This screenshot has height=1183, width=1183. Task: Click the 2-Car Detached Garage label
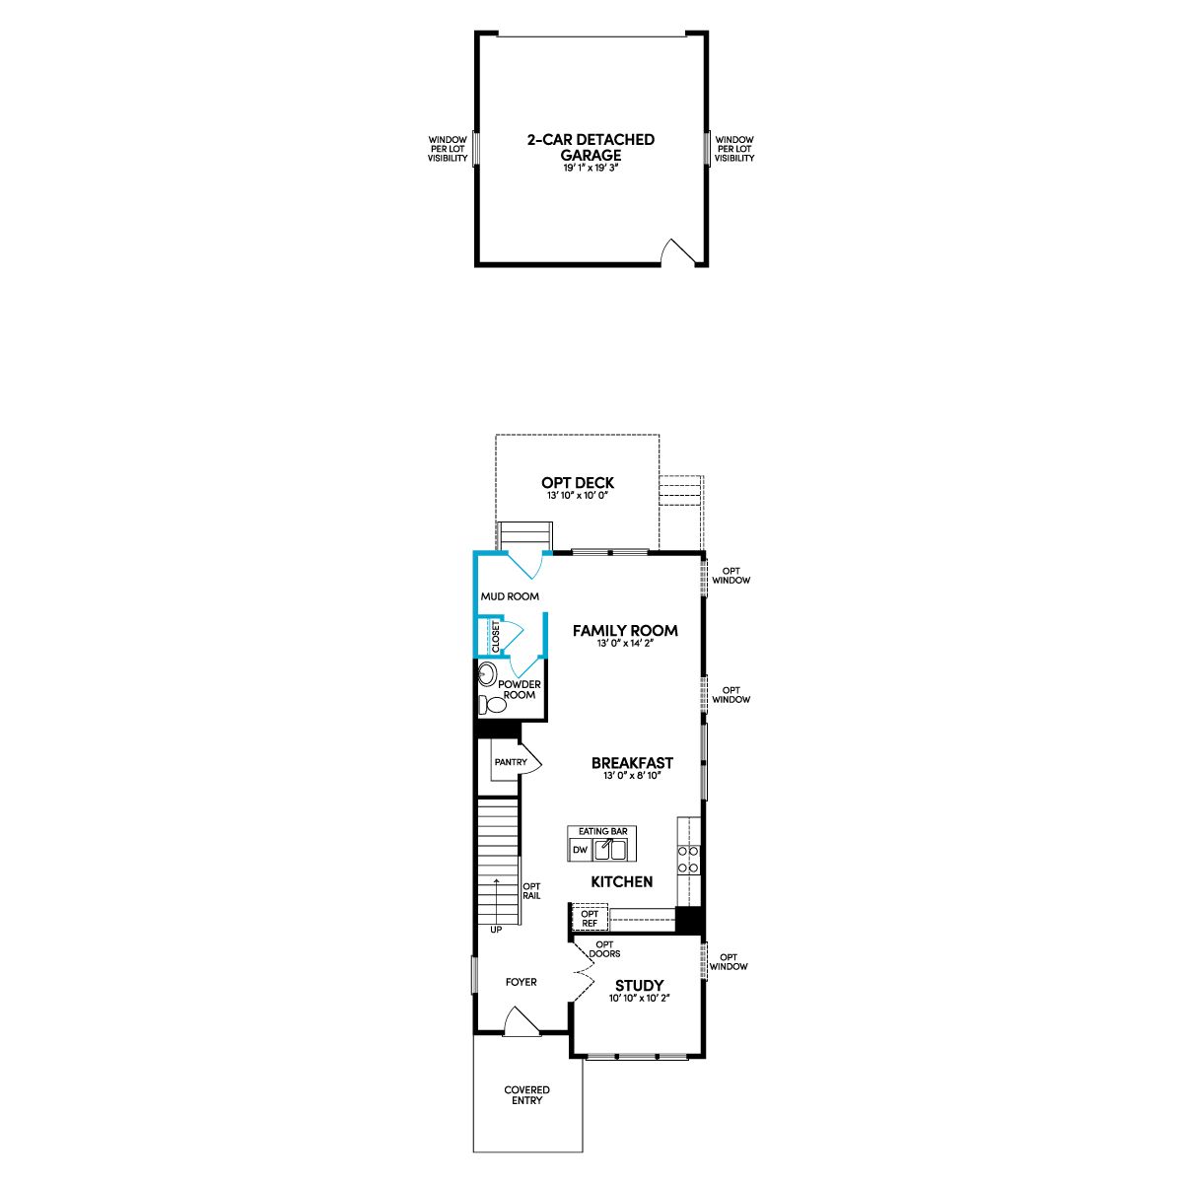[x=591, y=147]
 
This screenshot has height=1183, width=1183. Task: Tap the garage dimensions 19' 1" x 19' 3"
[x=590, y=168]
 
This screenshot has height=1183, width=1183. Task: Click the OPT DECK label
[x=577, y=483]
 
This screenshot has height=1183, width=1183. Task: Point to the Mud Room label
[x=510, y=596]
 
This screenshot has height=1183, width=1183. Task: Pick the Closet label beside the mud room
[x=496, y=637]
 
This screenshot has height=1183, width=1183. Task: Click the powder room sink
[x=488, y=674]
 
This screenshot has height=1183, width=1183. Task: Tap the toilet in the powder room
[x=492, y=704]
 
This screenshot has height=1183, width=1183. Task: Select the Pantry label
[x=511, y=762]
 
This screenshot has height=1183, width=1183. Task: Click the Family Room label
[x=625, y=631]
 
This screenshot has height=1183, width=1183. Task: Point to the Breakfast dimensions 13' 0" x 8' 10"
[x=631, y=776]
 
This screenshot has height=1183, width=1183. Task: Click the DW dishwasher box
[x=580, y=850]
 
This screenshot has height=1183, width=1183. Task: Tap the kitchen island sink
[x=609, y=850]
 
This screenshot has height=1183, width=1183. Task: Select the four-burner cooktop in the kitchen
[x=688, y=859]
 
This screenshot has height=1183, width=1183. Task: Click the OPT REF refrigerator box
[x=590, y=919]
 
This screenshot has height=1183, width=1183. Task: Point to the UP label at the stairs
[x=496, y=930]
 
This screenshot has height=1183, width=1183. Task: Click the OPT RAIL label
[x=531, y=891]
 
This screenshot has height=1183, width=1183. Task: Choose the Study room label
[x=639, y=986]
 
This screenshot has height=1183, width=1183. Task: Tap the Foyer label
[x=522, y=982]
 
